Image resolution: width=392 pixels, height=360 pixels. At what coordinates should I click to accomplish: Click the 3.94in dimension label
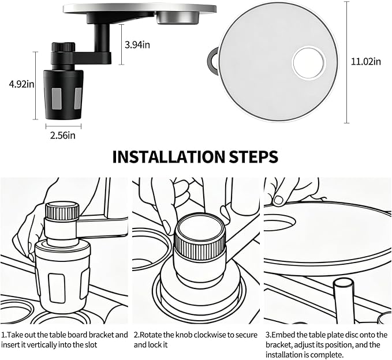click(137, 45)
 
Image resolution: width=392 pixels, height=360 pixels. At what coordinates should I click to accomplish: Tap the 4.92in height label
click(21, 84)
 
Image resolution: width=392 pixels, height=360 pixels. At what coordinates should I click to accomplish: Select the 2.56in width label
click(63, 136)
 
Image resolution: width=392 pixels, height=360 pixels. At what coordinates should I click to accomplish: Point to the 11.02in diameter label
click(366, 62)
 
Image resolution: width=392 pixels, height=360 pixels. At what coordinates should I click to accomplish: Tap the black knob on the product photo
click(64, 47)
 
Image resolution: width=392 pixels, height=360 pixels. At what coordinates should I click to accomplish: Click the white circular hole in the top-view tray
click(309, 63)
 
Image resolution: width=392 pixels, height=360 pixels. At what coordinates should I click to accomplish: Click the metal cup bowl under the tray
click(178, 18)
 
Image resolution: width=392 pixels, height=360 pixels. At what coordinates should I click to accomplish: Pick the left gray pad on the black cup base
click(57, 99)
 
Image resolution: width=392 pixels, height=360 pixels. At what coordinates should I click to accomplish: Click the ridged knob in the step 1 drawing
click(62, 211)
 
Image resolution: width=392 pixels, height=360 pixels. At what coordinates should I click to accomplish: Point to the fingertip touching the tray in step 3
click(278, 200)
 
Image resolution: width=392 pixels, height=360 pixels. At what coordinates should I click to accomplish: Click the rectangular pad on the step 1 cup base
click(57, 288)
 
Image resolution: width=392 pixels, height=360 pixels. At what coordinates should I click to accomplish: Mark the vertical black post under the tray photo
click(102, 37)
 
